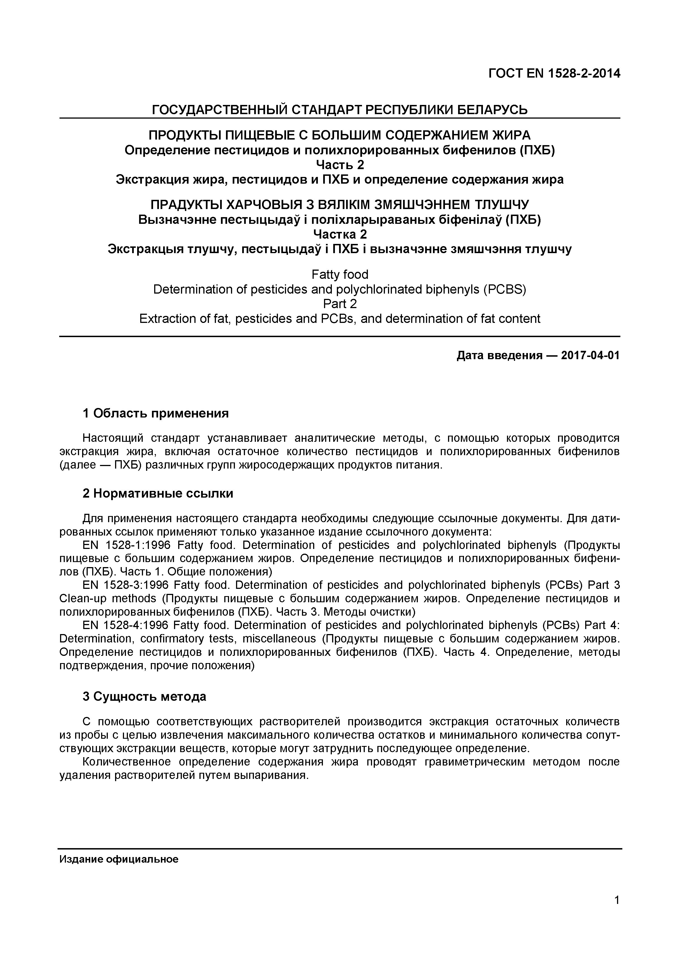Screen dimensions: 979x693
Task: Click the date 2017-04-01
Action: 590,355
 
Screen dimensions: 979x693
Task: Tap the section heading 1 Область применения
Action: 156,413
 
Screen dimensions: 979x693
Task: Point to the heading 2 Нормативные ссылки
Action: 158,493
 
